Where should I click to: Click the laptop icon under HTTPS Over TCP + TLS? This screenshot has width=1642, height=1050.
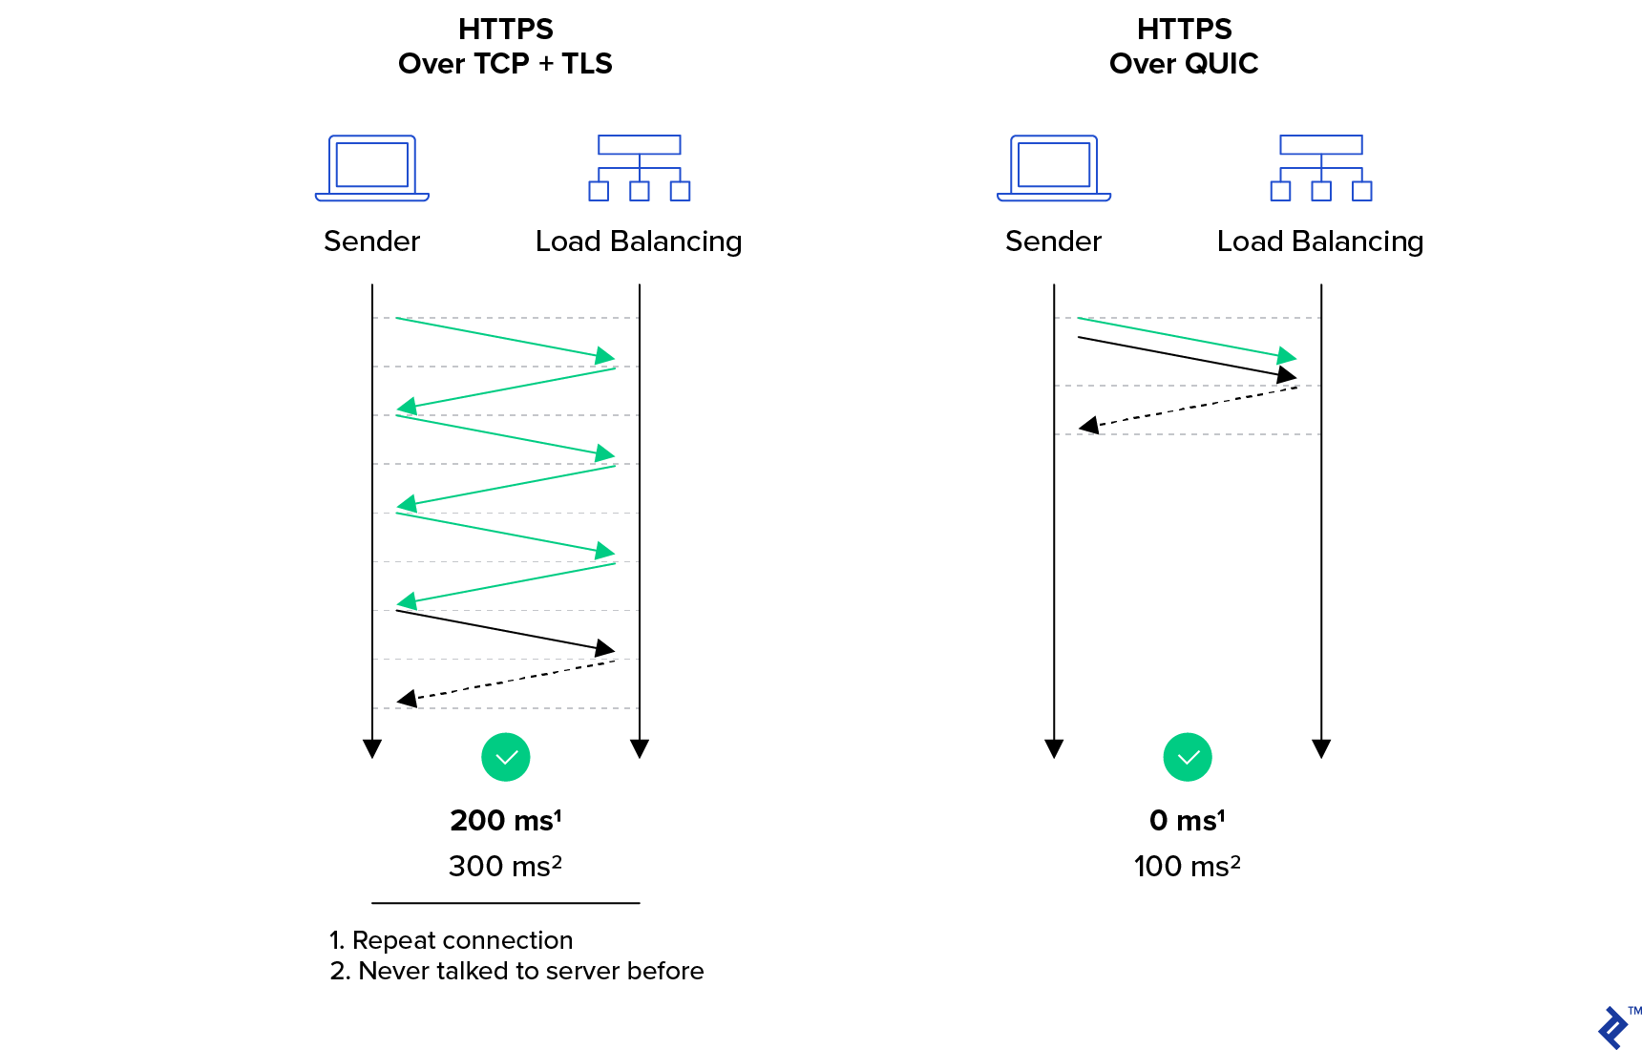coord(372,168)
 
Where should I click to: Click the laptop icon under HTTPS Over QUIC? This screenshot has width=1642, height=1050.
coord(1054,168)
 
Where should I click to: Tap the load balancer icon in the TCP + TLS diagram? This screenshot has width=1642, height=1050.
coord(640,168)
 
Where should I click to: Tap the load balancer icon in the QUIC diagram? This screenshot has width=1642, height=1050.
coord(1321,168)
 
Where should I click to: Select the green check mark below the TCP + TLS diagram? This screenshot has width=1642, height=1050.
coord(506,758)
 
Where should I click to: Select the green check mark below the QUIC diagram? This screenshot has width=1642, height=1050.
coord(1188,758)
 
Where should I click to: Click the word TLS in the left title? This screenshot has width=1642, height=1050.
coord(586,64)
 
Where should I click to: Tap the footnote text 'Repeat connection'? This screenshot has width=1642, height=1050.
coord(462,940)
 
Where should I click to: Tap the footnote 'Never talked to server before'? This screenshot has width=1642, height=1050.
coord(531,971)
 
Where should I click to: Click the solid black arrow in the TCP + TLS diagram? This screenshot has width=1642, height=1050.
coord(506,631)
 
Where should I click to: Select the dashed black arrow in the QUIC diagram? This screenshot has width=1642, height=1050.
coord(1189,407)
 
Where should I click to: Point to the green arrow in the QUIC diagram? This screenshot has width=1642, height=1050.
coord(1188,337)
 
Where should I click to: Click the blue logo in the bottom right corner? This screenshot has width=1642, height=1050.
coord(1613,1028)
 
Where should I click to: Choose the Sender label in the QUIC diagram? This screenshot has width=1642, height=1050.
coord(1054,241)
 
